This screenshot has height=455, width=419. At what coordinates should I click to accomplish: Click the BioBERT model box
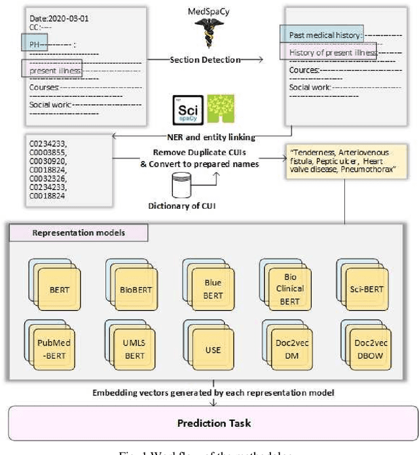(132, 288)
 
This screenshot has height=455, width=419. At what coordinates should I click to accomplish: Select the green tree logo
(221, 109)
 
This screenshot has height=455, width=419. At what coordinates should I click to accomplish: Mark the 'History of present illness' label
(329, 52)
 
